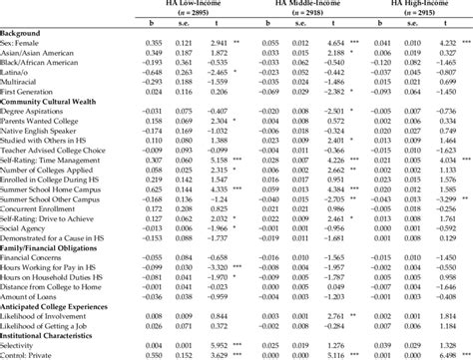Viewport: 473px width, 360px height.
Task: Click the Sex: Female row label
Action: (x=28, y=45)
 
